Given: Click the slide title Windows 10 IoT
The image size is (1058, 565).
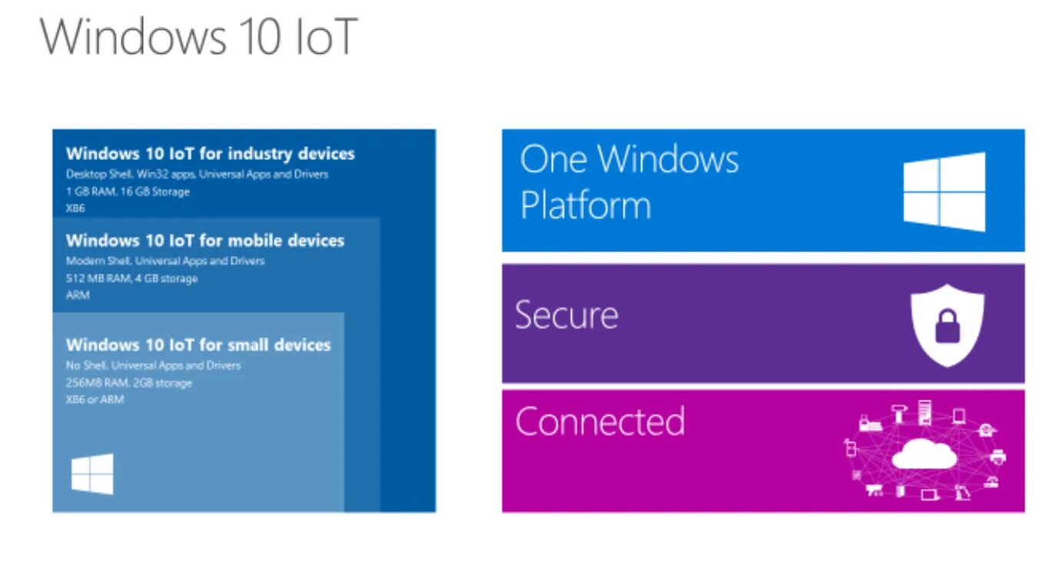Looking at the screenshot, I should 198,36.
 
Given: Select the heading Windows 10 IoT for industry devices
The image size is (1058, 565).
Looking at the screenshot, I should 210,154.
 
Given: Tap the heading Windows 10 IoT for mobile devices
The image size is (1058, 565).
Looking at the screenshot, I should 205,241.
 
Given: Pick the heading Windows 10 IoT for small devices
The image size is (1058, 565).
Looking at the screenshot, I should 198,344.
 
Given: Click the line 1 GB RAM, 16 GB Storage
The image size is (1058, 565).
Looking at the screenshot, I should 128,191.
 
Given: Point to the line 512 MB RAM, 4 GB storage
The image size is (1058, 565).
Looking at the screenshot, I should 131,278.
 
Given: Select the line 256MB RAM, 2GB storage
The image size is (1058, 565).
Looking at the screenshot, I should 129,383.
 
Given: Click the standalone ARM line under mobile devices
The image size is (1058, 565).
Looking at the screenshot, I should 78,295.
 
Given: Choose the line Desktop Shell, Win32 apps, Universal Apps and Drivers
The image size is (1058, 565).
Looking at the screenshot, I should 197,174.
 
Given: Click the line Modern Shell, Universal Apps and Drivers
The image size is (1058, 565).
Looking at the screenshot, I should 165,261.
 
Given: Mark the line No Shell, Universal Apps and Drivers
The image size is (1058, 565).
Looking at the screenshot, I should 153,366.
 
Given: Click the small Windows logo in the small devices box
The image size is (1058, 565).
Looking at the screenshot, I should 92,474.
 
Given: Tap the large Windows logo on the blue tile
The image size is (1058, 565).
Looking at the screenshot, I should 943,191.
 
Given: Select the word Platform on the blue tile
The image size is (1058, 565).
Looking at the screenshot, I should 585,205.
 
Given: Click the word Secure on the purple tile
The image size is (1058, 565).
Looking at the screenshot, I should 567,315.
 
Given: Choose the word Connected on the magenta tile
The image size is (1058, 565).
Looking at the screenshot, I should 600,421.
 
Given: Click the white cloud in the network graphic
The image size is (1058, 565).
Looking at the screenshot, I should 924,454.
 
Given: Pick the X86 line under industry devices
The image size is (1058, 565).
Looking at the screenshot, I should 75,208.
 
